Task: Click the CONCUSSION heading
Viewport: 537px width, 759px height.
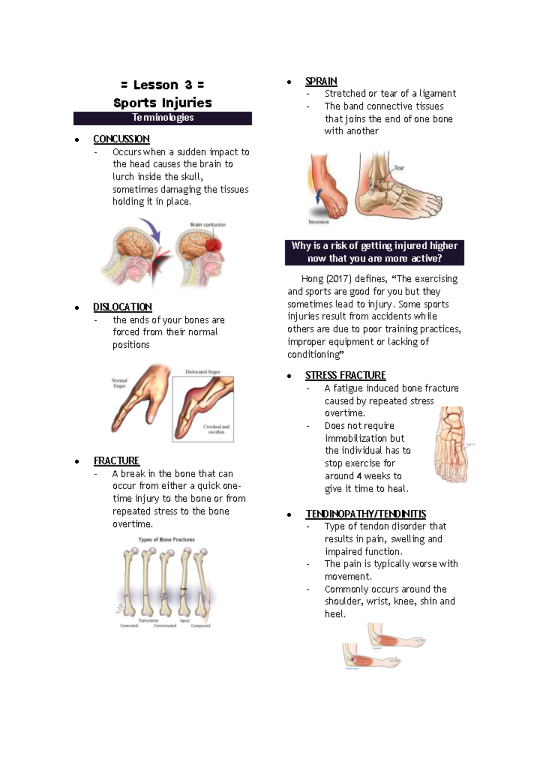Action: click(x=121, y=139)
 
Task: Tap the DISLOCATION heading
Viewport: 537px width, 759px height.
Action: click(x=123, y=307)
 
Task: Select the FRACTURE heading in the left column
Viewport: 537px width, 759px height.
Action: click(x=116, y=461)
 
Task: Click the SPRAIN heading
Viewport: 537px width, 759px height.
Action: click(x=321, y=81)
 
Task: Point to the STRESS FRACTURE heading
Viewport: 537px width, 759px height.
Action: click(x=345, y=375)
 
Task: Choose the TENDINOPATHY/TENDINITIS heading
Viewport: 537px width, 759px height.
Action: click(x=366, y=514)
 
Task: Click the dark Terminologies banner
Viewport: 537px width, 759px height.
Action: click(x=162, y=118)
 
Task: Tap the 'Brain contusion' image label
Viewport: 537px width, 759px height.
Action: click(x=208, y=225)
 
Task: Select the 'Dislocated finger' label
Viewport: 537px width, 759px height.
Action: click(x=203, y=372)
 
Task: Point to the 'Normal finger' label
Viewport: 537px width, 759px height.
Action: click(x=119, y=383)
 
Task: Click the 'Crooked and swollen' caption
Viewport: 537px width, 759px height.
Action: click(x=216, y=429)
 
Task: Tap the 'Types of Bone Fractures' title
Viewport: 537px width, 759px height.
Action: click(x=166, y=540)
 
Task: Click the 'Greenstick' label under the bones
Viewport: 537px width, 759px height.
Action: click(x=129, y=626)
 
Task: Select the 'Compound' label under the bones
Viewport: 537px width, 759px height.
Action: click(x=200, y=626)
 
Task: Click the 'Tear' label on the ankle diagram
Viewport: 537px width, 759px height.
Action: click(x=399, y=168)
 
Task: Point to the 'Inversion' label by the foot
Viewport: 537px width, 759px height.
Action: click(x=319, y=222)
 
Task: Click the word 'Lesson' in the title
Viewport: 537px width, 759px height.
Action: click(x=156, y=85)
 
